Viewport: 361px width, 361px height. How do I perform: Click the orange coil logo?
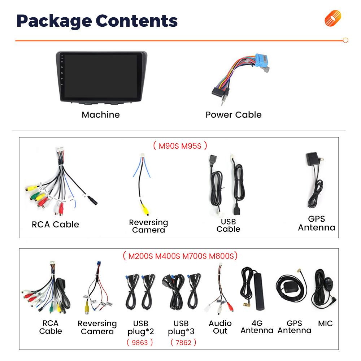point(333,18)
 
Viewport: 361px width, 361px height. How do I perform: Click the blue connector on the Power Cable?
point(262,60)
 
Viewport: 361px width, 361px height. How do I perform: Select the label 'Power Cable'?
point(234,115)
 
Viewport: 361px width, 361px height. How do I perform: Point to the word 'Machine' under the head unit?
point(101,115)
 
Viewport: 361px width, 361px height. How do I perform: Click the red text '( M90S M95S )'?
point(180,146)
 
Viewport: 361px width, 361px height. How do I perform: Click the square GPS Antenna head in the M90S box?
point(312,158)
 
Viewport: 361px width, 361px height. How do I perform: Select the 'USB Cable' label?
point(228,225)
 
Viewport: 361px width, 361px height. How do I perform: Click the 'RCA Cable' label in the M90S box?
point(55,225)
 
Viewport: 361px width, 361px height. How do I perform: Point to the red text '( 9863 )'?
point(140,342)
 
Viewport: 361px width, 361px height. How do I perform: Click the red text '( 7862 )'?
point(183,342)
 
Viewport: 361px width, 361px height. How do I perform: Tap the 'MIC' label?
point(325,323)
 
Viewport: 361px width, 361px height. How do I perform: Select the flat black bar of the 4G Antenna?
point(259,291)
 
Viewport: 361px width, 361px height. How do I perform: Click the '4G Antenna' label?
point(257,327)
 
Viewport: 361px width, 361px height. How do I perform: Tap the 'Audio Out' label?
point(220,327)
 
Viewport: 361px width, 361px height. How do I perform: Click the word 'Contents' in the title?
point(136,21)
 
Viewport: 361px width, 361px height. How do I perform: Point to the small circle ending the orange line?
point(345,40)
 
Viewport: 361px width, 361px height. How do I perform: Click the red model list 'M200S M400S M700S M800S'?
point(181,256)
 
